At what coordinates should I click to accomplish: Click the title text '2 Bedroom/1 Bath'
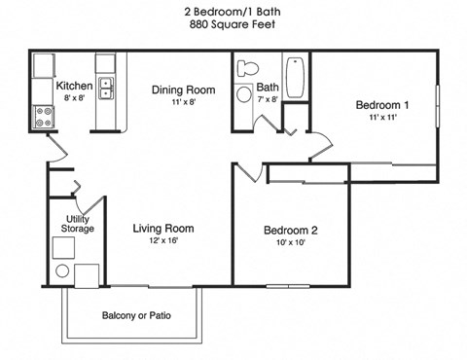pyautogui.click(x=233, y=11)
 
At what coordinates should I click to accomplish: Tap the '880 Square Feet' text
pyautogui.click(x=233, y=25)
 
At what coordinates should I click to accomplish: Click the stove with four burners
pyautogui.click(x=44, y=118)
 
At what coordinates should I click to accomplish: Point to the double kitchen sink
pyautogui.click(x=106, y=88)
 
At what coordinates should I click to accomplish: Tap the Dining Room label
pyautogui.click(x=181, y=90)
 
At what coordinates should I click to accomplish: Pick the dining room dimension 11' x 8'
pyautogui.click(x=181, y=103)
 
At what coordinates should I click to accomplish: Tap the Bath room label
pyautogui.click(x=268, y=88)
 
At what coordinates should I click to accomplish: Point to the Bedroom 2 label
pyautogui.click(x=291, y=231)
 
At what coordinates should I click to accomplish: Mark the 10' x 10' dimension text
pyautogui.click(x=291, y=244)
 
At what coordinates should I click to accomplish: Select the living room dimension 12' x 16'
pyautogui.click(x=162, y=240)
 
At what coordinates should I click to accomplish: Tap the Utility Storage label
pyautogui.click(x=78, y=224)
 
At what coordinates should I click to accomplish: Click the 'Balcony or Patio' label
pyautogui.click(x=134, y=316)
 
